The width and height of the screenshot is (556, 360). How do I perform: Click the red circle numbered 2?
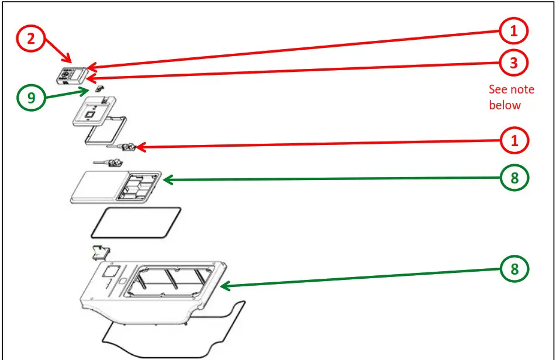(x=31, y=38)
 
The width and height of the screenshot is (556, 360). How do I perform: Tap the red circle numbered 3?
(x=513, y=63)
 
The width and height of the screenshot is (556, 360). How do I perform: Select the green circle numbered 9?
(x=31, y=97)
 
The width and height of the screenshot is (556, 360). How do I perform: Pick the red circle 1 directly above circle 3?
(x=513, y=31)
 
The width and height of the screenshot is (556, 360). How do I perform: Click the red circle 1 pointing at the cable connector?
(x=514, y=141)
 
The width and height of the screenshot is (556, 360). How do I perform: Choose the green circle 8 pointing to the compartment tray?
(x=514, y=178)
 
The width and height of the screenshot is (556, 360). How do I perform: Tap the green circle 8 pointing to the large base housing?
(x=514, y=269)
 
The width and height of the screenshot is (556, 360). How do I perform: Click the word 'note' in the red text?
(x=522, y=89)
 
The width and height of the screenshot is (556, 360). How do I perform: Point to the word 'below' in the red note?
(x=505, y=105)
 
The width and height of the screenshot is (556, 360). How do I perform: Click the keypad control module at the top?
(x=72, y=76)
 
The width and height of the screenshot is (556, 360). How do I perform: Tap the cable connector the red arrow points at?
(x=122, y=146)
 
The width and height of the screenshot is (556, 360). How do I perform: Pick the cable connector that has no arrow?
(x=109, y=163)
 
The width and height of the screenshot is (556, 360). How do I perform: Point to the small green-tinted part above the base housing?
(x=101, y=252)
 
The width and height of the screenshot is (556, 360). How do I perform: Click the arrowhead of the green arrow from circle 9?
(x=85, y=91)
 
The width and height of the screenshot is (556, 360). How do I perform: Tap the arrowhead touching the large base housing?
(x=225, y=286)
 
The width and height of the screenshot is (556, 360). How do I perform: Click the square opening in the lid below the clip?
(x=89, y=115)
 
